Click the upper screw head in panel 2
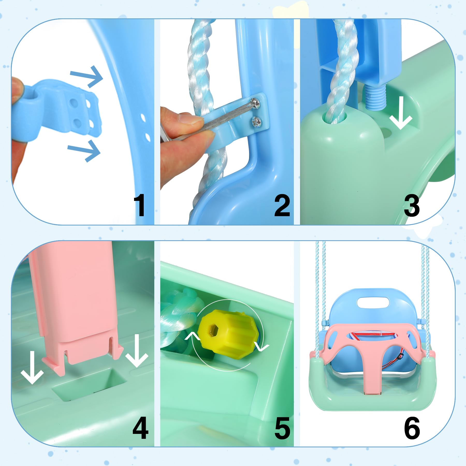pos(256,103)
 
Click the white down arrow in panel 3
pos(401,113)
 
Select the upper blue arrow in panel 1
pos(87,76)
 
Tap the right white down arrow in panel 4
pos(137,351)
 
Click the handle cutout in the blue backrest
pos(373,302)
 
